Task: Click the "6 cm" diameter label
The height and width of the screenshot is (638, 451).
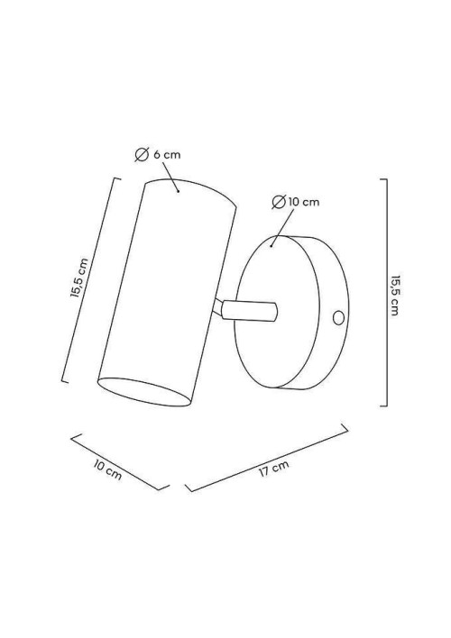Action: [x=167, y=155]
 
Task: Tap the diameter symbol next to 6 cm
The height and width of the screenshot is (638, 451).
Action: [x=142, y=155]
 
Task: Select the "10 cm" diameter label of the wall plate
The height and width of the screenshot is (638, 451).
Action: [x=303, y=202]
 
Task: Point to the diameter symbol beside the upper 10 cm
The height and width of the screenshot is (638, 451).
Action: [x=279, y=202]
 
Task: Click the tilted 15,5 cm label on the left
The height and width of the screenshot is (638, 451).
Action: [x=79, y=278]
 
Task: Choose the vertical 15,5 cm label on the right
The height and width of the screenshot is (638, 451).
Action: [x=394, y=295]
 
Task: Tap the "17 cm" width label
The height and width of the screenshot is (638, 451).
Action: [x=274, y=469]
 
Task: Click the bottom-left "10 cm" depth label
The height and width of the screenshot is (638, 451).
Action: [x=107, y=470]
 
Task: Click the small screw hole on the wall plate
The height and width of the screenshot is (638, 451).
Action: [x=338, y=317]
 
